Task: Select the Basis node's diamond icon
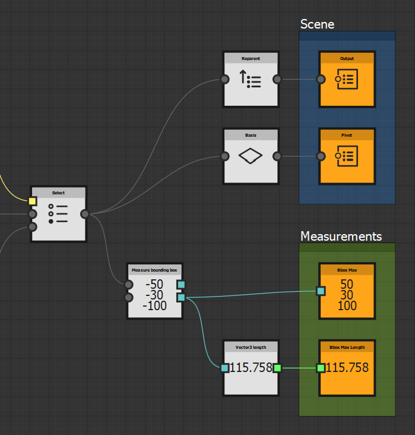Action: pyautogui.click(x=251, y=156)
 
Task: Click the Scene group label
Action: pyautogui.click(x=317, y=24)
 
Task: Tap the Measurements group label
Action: pyautogui.click(x=341, y=237)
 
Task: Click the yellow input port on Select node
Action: pyautogui.click(x=33, y=201)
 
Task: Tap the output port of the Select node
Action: pyautogui.click(x=85, y=214)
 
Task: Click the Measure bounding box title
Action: pyautogui.click(x=154, y=270)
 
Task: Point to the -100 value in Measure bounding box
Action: pyautogui.click(x=154, y=306)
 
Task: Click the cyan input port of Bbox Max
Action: pyautogui.click(x=321, y=291)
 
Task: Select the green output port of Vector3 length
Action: pyautogui.click(x=277, y=368)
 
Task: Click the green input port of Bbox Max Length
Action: pyautogui.click(x=321, y=368)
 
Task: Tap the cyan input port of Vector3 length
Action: pyautogui.click(x=224, y=368)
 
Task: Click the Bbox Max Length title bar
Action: pyautogui.click(x=347, y=346)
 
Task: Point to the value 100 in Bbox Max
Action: pyautogui.click(x=347, y=306)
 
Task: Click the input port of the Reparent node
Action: pyautogui.click(x=224, y=79)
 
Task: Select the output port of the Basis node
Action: pyautogui.click(x=277, y=156)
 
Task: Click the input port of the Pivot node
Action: pyautogui.click(x=321, y=156)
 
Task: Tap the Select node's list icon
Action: pyautogui.click(x=58, y=214)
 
